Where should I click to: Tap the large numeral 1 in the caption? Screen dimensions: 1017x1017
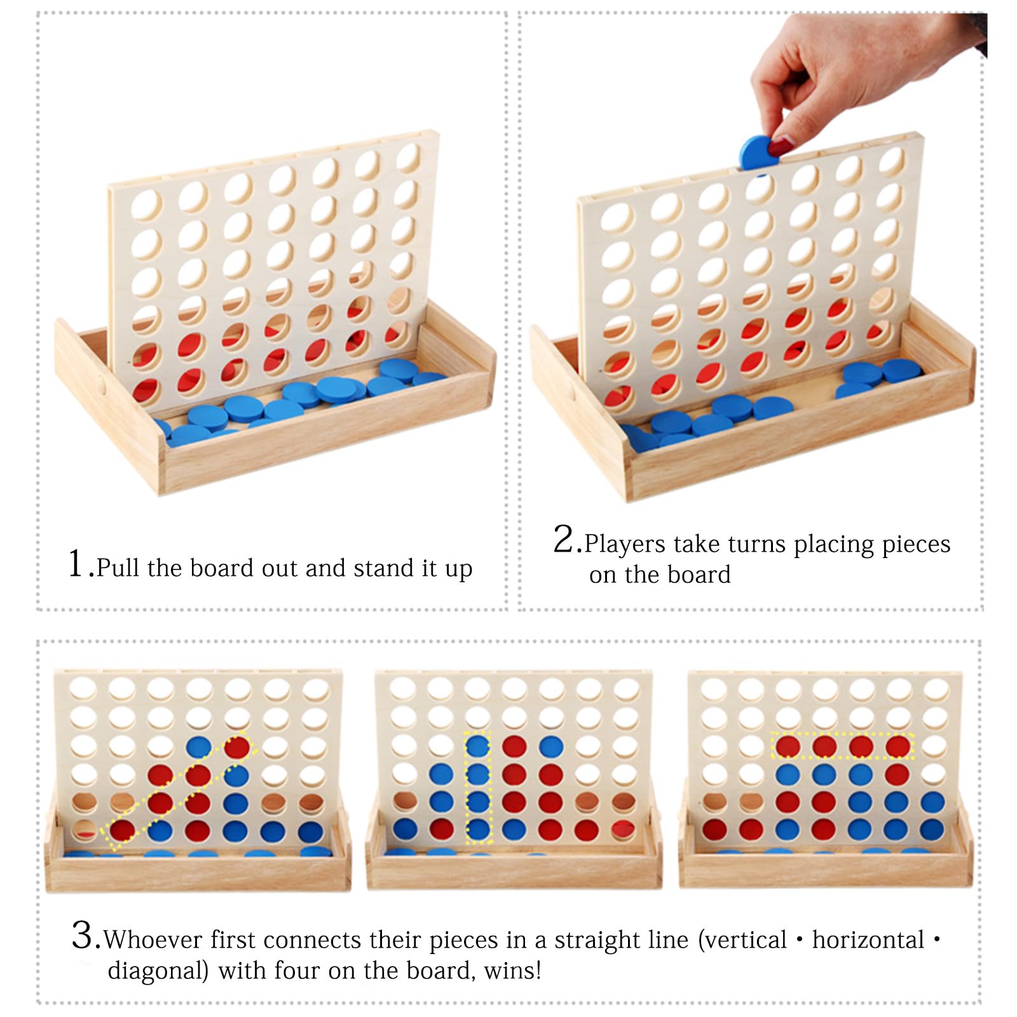[x=76, y=563]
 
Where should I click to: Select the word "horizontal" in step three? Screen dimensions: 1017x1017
[x=868, y=939]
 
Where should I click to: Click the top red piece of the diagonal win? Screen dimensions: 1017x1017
[x=236, y=747]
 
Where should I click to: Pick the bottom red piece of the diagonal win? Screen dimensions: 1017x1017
[x=122, y=830]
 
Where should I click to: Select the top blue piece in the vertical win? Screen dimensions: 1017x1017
[x=478, y=746]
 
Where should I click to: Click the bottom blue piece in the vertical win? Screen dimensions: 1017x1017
[x=478, y=829]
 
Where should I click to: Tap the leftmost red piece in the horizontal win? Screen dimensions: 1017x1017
[x=788, y=746]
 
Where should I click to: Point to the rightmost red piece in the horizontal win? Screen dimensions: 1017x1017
[x=898, y=746]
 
